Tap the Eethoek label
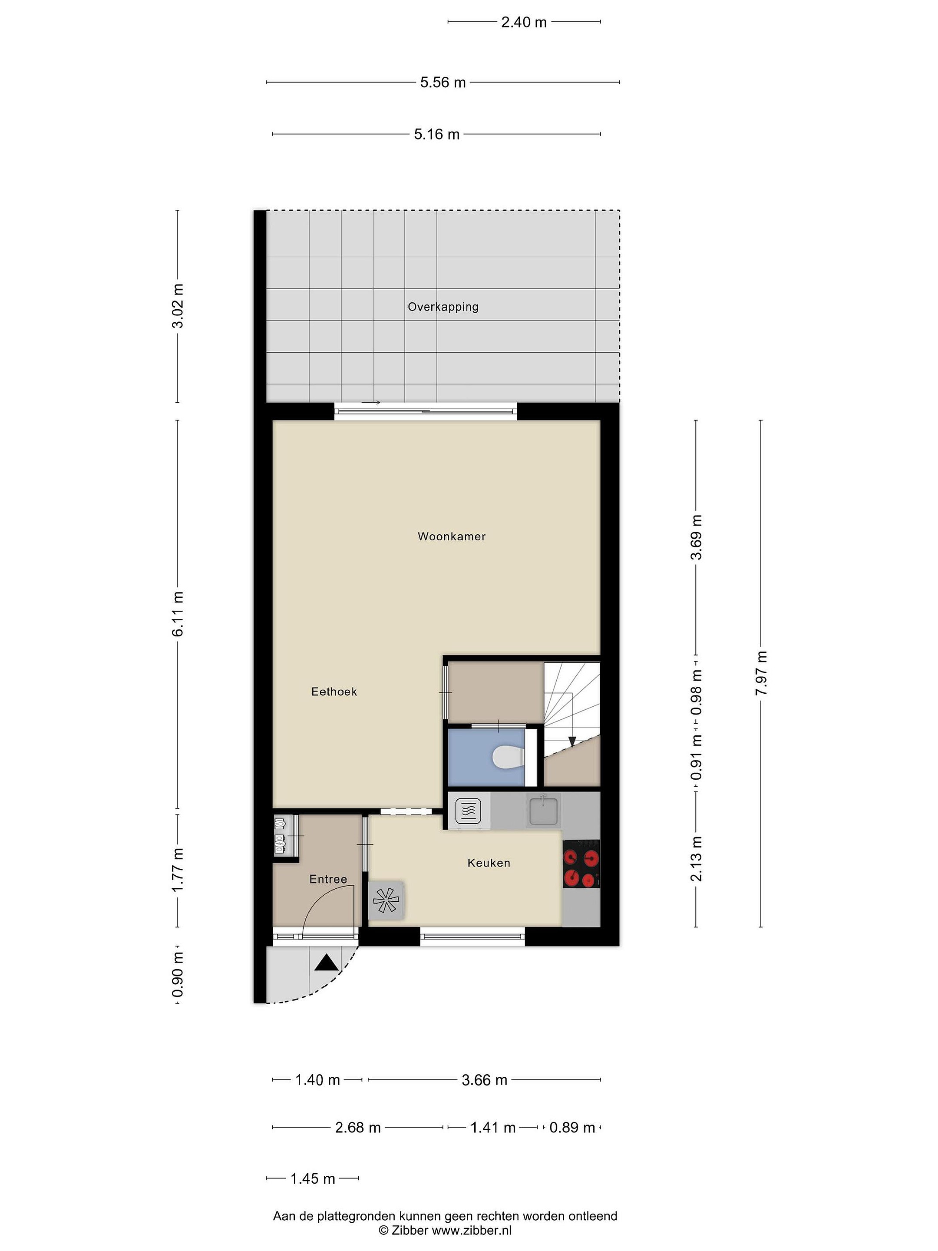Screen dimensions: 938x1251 [334, 691]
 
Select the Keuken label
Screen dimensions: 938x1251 [489, 863]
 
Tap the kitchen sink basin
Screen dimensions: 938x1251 [543, 810]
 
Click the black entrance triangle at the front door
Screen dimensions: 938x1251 [326, 963]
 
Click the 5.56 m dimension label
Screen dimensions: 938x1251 [443, 83]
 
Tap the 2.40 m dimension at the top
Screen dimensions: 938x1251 [524, 22]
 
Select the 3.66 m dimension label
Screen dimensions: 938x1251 [485, 1080]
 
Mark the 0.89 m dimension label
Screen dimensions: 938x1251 [572, 1128]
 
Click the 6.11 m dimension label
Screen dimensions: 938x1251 [178, 614]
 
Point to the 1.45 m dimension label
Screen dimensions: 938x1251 [313, 1178]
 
